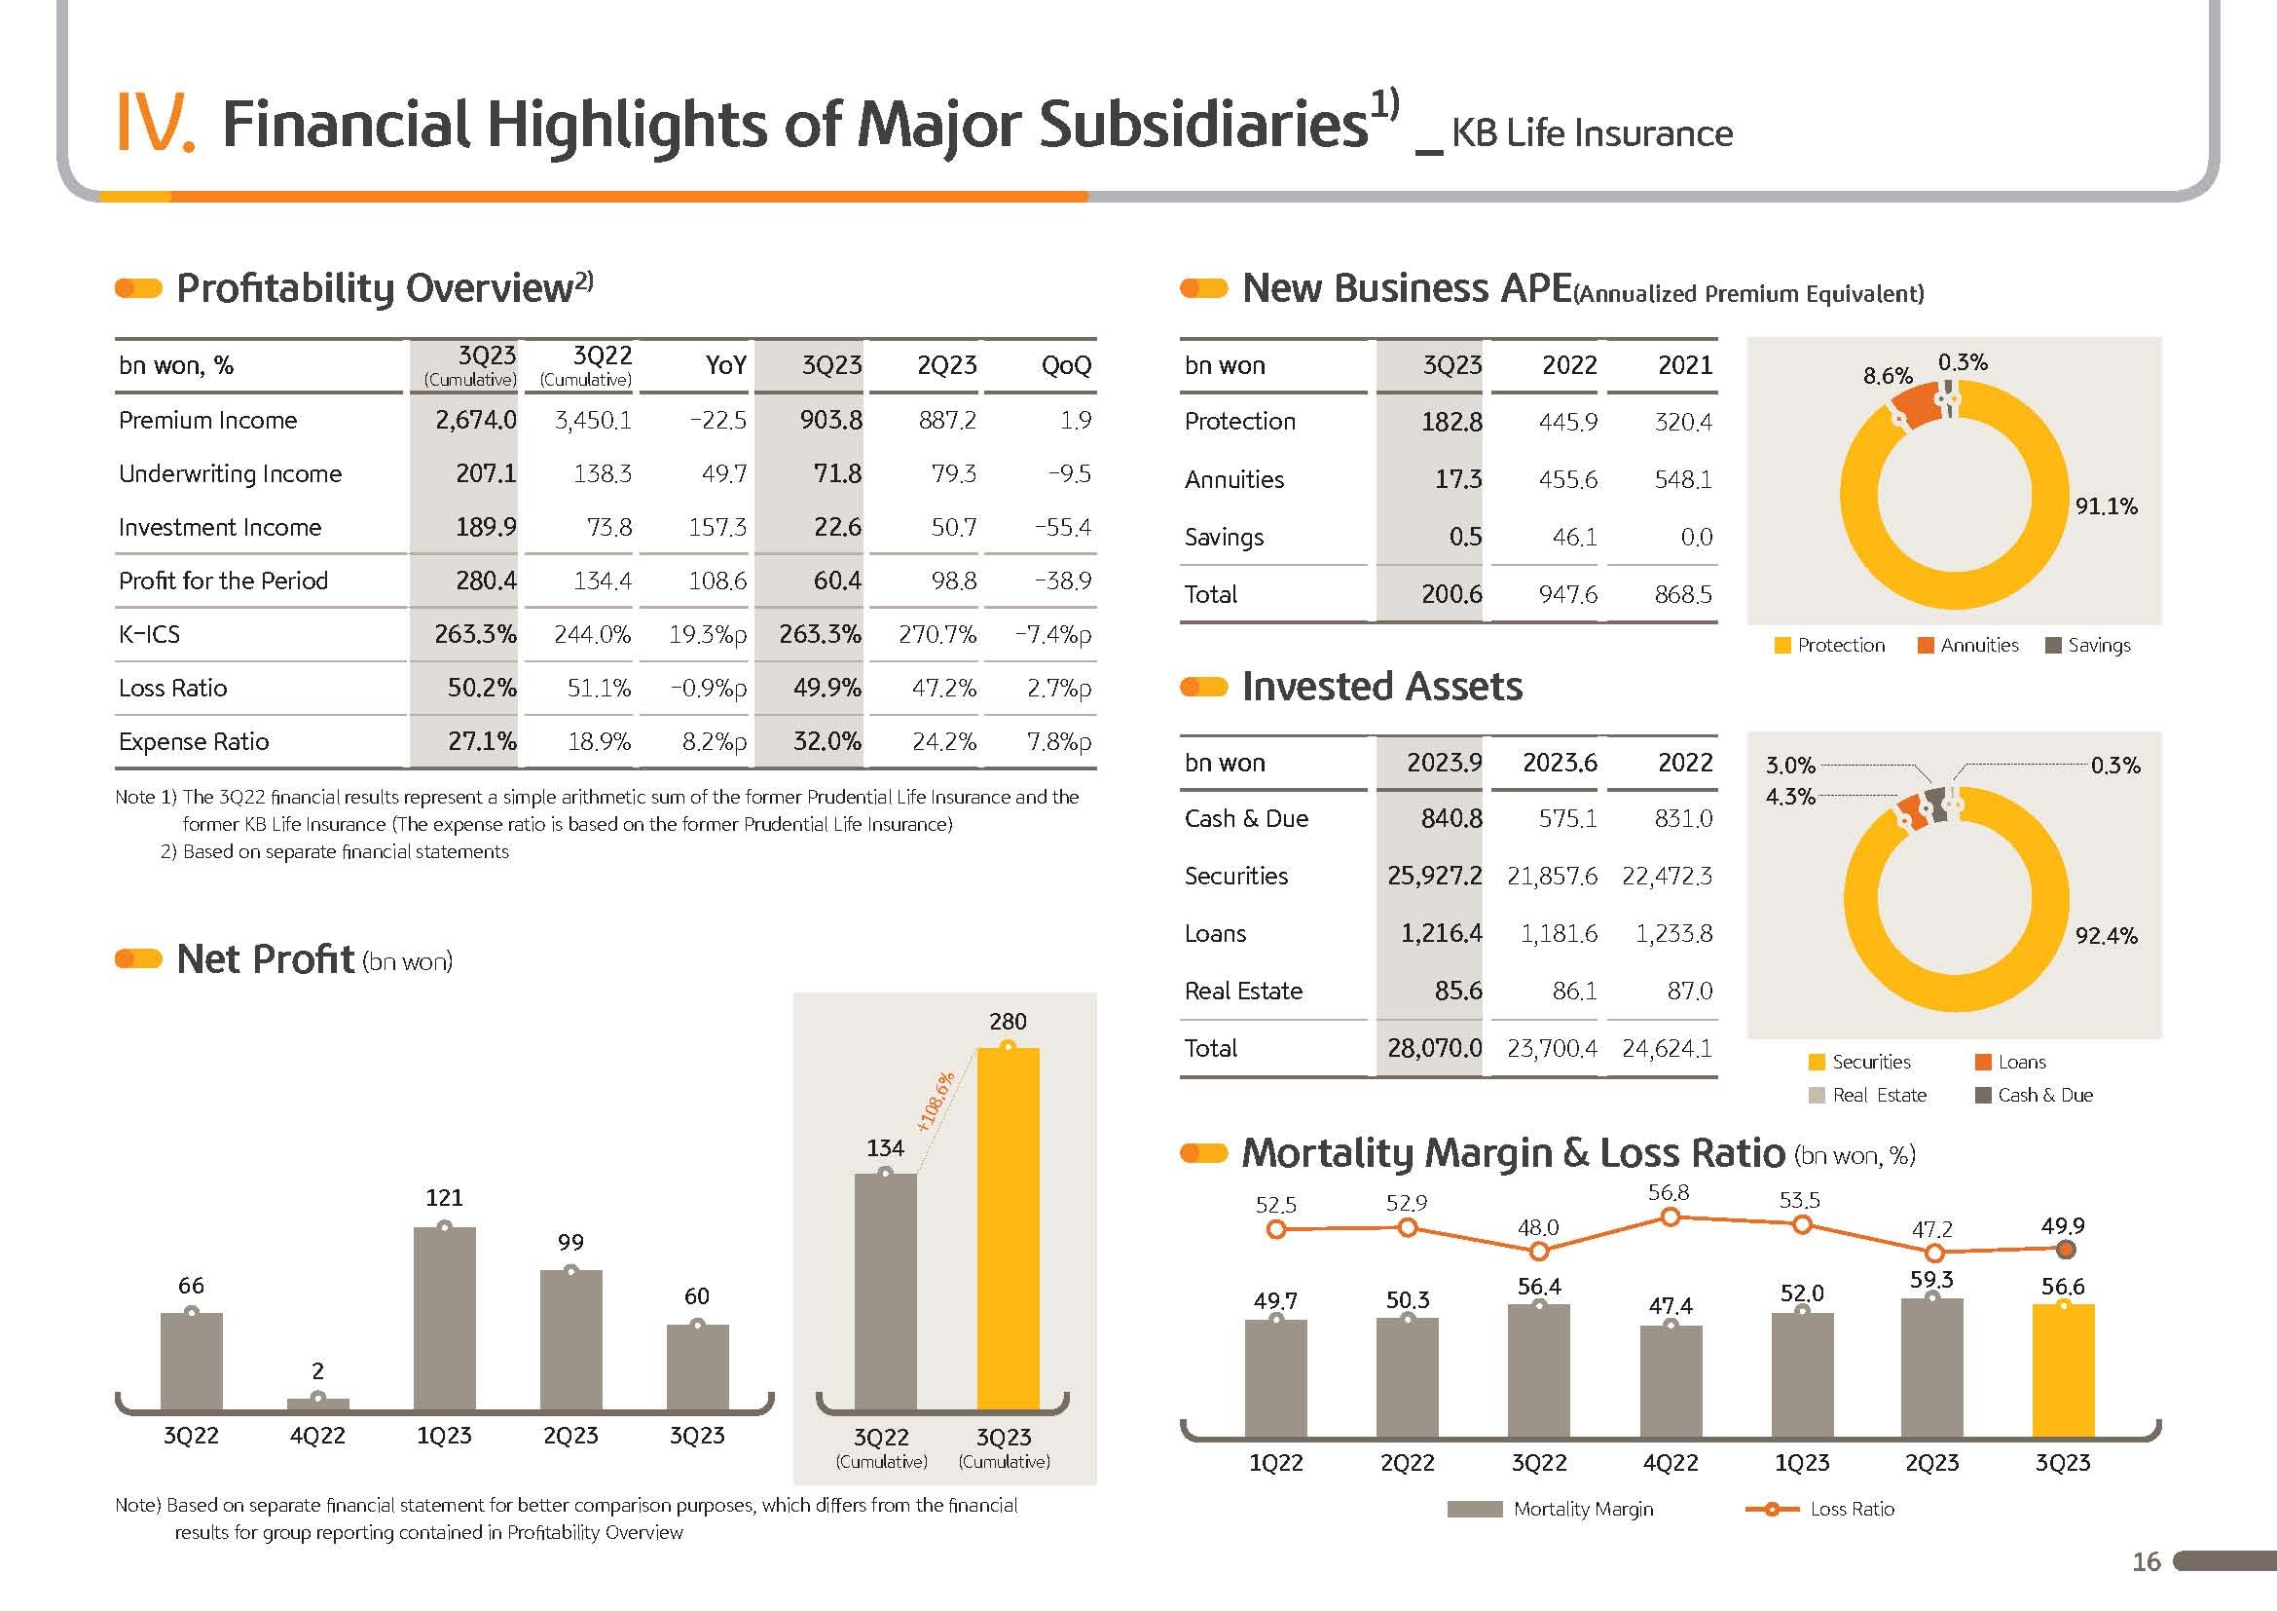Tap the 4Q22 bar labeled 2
coord(317,1403)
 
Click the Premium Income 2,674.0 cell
coord(476,421)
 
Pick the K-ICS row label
coord(150,634)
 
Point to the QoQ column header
coord(1066,366)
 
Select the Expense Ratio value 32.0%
coord(827,742)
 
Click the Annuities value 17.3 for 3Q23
coord(1458,480)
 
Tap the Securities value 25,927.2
coord(1434,876)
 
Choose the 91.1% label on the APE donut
coord(2106,506)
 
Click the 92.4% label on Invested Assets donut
coord(2106,936)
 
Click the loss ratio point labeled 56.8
coord(1671,1218)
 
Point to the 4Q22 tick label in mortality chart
coord(1671,1463)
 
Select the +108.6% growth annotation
coord(936,1103)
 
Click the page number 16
coord(2147,1562)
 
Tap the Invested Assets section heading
coord(1381,687)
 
